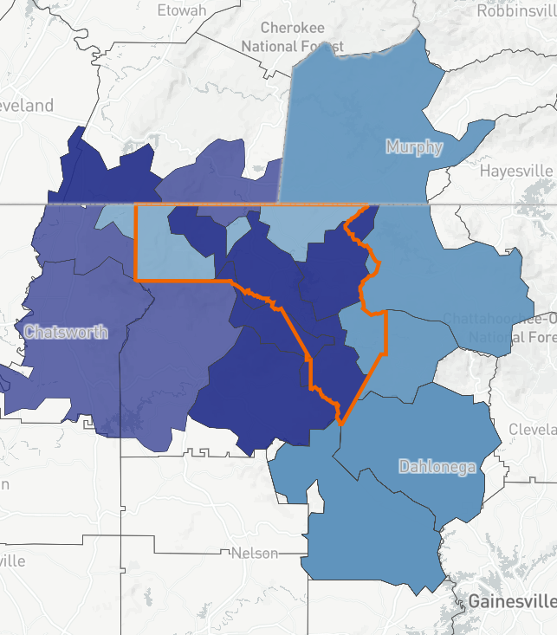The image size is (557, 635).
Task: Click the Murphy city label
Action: click(x=415, y=146)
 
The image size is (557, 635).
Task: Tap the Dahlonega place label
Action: click(x=437, y=467)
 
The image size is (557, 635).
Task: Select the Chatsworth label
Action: click(x=66, y=332)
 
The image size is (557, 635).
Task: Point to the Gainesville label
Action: click(x=511, y=601)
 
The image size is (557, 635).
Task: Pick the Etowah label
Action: click(x=182, y=10)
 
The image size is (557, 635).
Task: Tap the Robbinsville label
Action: click(x=516, y=11)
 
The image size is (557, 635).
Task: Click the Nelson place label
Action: click(x=255, y=554)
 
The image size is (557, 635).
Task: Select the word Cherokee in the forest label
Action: click(x=292, y=28)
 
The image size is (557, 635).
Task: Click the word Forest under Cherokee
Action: click(x=321, y=46)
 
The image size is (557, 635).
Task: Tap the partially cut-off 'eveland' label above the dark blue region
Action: click(x=27, y=106)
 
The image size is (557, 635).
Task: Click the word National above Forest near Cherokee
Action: click(x=265, y=46)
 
